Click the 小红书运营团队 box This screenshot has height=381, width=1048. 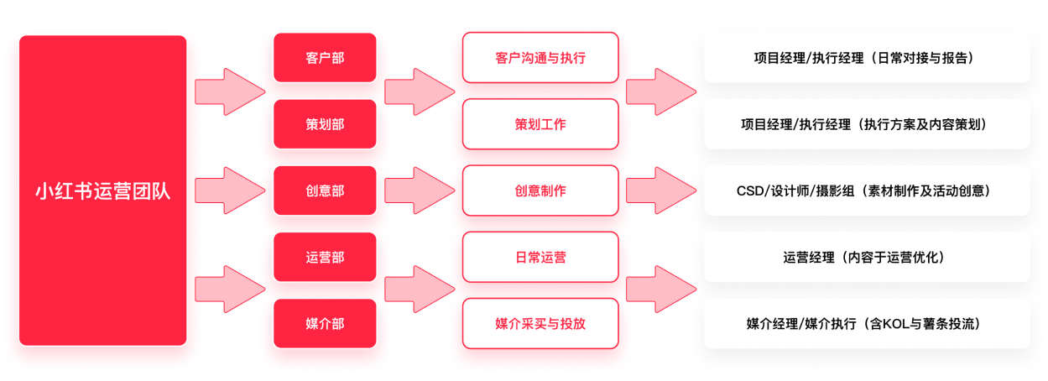102,190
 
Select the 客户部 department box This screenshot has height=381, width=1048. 324,58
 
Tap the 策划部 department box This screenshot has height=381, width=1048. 324,124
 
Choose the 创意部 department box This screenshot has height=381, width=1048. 324,190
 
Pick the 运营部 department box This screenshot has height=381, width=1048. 324,257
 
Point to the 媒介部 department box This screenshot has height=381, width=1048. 324,323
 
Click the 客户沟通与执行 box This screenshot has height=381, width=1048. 540,58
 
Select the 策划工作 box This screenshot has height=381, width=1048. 540,124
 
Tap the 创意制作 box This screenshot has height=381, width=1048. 540,190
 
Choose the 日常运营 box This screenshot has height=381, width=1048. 540,257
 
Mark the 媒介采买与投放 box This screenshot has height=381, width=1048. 540,323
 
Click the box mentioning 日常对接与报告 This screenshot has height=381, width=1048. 866,58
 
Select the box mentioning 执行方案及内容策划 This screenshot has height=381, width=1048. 866,124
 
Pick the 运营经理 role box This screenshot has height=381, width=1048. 866,257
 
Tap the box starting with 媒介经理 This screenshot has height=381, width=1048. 866,323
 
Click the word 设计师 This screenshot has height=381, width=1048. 791,191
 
